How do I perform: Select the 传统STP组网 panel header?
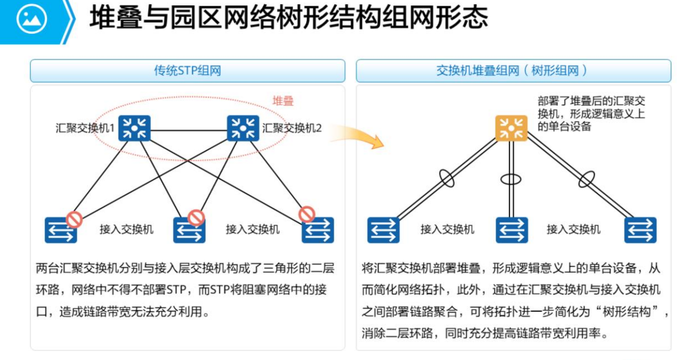pyautogui.click(x=187, y=71)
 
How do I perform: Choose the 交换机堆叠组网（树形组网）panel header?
pyautogui.click(x=513, y=71)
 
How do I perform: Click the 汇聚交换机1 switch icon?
pyautogui.click(x=134, y=128)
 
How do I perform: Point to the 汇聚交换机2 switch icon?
pyautogui.click(x=243, y=128)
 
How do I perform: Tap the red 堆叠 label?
pyautogui.click(x=283, y=101)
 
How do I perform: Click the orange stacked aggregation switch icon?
pyautogui.click(x=511, y=128)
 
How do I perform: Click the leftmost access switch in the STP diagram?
pyautogui.click(x=60, y=230)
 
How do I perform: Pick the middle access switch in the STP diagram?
pyautogui.click(x=189, y=230)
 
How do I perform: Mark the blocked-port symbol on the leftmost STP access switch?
pyautogui.click(x=74, y=219)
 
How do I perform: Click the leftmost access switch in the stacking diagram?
pyautogui.click(x=383, y=230)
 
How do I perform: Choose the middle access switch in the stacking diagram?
pyautogui.click(x=512, y=230)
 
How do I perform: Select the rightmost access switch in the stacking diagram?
pyautogui.click(x=640, y=230)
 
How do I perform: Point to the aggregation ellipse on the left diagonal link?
pyautogui.click(x=447, y=178)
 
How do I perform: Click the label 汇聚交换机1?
pyautogui.click(x=85, y=128)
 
